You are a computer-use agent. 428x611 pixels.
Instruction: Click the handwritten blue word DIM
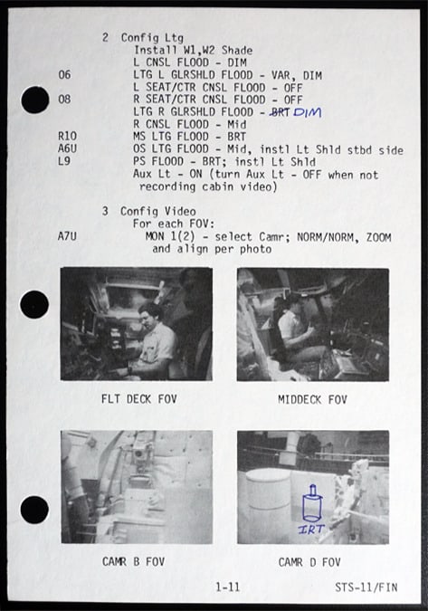coord(308,112)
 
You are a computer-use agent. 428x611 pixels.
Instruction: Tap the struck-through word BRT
coord(280,112)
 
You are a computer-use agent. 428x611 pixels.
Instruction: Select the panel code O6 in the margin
coord(64,74)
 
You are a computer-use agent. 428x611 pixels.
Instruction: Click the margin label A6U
coord(67,148)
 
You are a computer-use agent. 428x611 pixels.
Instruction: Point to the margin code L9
coord(64,160)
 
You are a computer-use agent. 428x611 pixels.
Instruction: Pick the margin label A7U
coord(67,236)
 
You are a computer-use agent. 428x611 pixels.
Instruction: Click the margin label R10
coord(67,136)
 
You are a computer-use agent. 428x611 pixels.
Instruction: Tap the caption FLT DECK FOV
coord(139,399)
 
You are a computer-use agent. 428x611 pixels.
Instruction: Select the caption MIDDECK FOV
coord(312,399)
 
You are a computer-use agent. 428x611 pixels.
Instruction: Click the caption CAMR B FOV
coord(133,561)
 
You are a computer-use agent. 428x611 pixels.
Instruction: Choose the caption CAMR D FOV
coord(309,562)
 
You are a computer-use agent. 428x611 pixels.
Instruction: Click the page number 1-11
coord(228,587)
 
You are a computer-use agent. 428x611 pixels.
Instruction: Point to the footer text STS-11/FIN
coord(366,587)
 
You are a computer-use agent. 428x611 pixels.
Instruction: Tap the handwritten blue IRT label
coord(311,529)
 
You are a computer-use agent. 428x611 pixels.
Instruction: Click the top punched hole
coord(35,100)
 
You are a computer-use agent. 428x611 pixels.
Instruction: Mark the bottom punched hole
coord(34,511)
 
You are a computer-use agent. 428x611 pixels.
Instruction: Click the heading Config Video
coord(157,211)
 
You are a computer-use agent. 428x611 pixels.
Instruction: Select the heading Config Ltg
coord(152,38)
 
